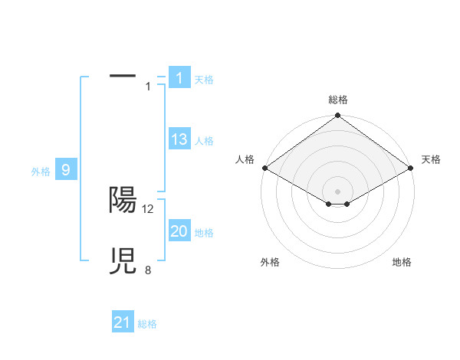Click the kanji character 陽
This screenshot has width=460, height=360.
click(123, 199)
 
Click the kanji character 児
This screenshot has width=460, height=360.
click(123, 260)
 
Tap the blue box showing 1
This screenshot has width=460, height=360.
click(179, 77)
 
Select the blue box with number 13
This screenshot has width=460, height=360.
click(179, 139)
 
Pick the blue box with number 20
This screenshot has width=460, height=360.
click(179, 231)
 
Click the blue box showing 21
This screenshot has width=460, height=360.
click(123, 322)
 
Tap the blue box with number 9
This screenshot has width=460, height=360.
click(66, 170)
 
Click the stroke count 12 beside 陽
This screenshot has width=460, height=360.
click(148, 208)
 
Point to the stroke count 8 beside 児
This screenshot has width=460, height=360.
click(148, 270)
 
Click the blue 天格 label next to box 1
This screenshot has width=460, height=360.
click(204, 79)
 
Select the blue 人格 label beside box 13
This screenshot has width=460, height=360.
click(204, 141)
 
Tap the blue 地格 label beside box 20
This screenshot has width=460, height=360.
click(204, 233)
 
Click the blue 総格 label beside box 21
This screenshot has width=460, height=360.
click(147, 324)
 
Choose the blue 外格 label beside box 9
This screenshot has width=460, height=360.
click(41, 172)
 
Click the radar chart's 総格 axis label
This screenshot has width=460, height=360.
click(337, 100)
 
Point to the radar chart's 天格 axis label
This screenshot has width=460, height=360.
click(431, 159)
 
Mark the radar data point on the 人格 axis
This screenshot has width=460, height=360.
click(264, 168)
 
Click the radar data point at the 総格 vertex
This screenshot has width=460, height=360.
click(337, 116)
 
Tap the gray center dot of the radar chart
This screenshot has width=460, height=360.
click(337, 191)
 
